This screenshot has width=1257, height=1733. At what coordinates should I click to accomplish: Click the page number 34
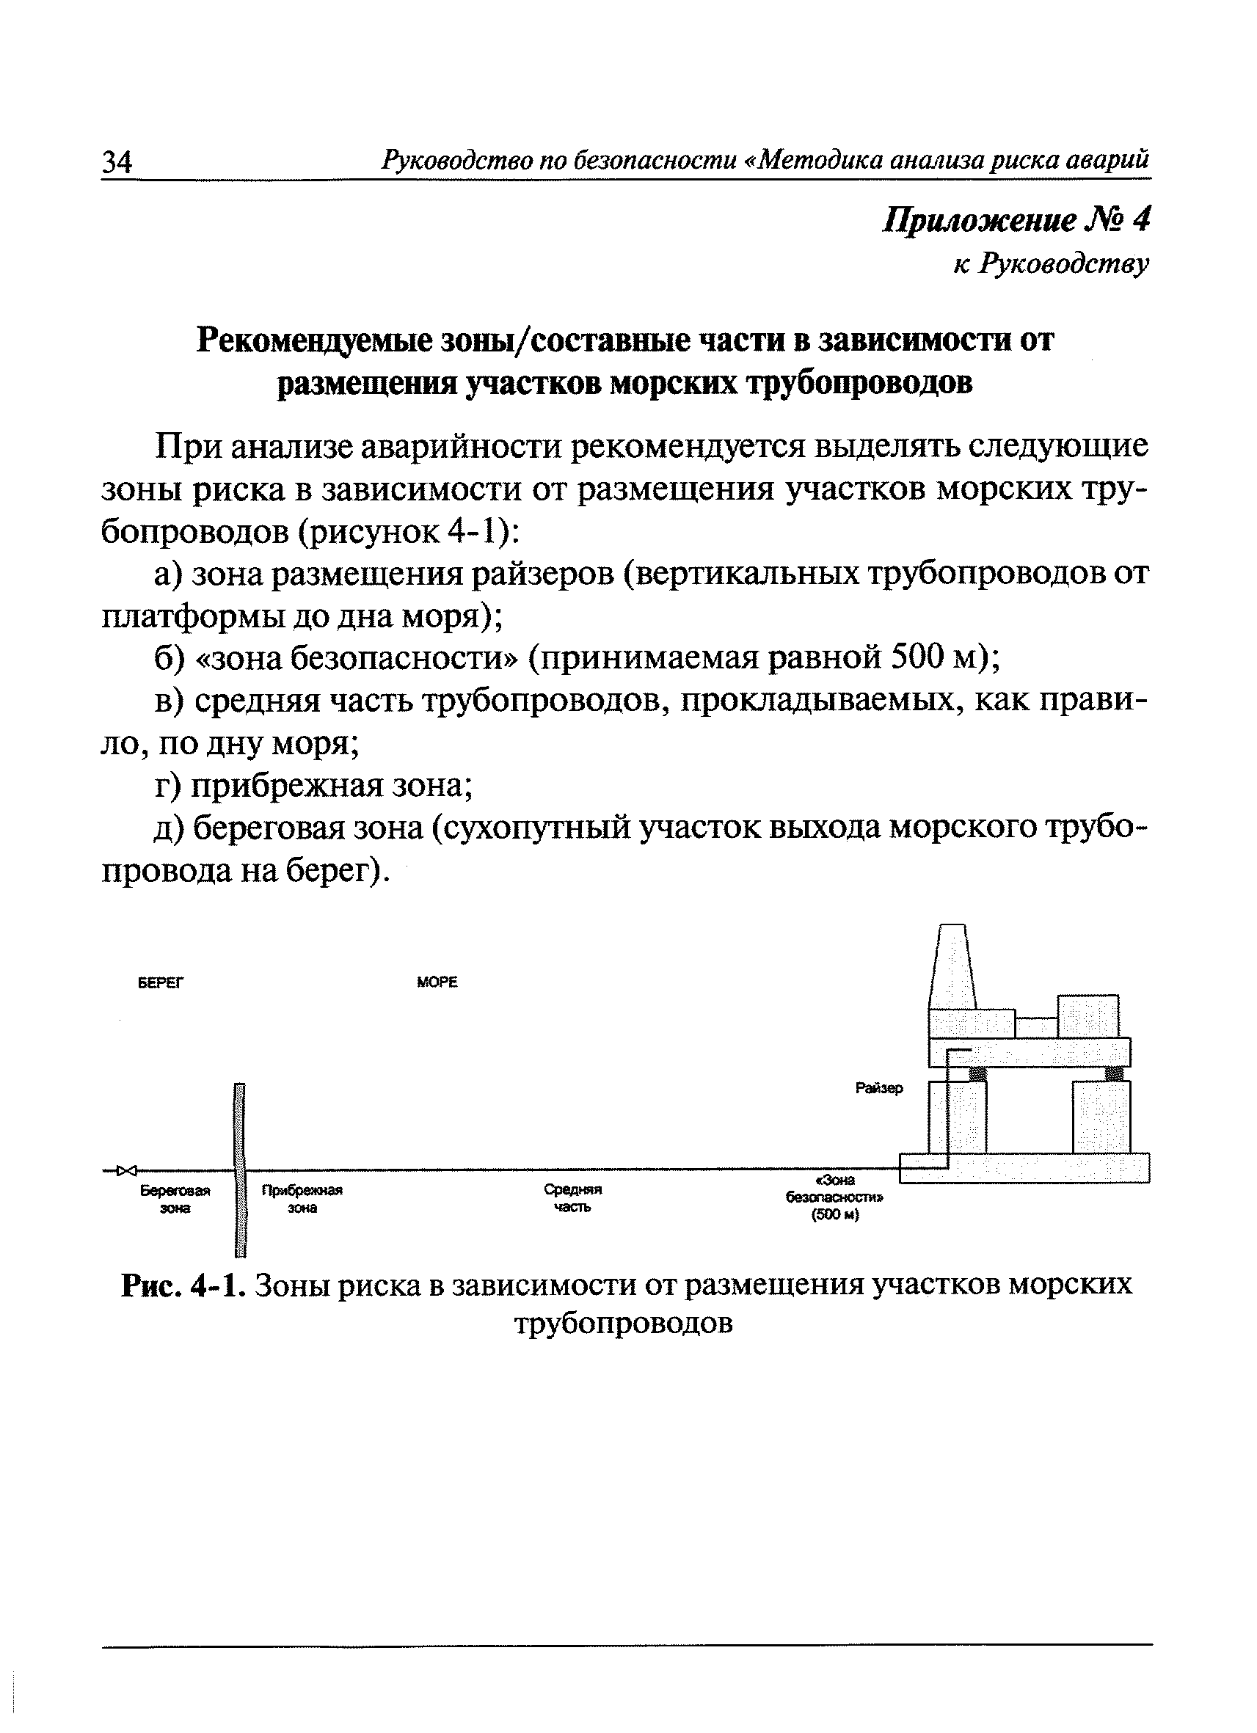[117, 162]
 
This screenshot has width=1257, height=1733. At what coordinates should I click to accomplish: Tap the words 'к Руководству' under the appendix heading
[1051, 264]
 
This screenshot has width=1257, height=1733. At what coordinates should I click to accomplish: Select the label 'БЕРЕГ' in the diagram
[161, 982]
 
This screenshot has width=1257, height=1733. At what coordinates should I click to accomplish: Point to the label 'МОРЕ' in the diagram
[437, 982]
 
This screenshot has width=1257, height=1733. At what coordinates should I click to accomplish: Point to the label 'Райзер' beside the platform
[879, 1088]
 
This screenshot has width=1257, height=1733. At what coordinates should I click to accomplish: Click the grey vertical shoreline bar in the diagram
[240, 1169]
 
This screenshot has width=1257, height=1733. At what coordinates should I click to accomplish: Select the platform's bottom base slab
[1024, 1167]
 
